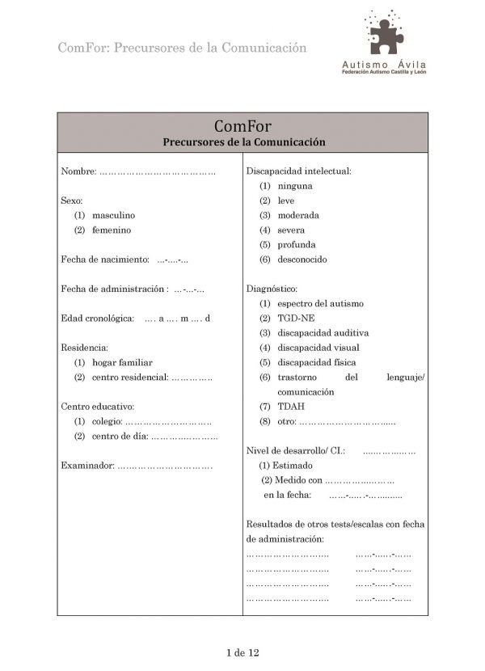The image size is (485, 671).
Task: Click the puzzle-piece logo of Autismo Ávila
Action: click(x=386, y=33)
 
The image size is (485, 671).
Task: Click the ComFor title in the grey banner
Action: click(x=242, y=126)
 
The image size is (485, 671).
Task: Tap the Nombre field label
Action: click(x=78, y=171)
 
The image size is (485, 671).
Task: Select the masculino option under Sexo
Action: click(x=113, y=216)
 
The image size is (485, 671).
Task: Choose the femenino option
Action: click(x=111, y=230)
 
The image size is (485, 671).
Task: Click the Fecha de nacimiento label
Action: click(x=105, y=260)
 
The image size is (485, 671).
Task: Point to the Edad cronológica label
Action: click(x=98, y=319)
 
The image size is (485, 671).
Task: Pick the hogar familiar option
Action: click(x=122, y=363)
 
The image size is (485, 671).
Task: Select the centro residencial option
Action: click(x=129, y=378)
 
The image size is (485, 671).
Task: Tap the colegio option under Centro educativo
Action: click(x=107, y=422)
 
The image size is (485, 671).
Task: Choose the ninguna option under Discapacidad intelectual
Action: click(x=294, y=186)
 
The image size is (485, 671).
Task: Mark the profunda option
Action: click(x=297, y=245)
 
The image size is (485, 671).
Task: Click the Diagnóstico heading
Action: click(x=272, y=289)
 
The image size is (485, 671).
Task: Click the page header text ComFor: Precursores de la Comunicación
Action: click(x=182, y=48)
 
